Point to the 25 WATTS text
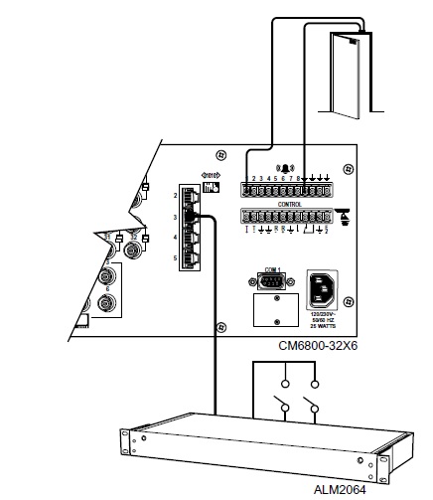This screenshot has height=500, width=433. [x=324, y=325]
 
